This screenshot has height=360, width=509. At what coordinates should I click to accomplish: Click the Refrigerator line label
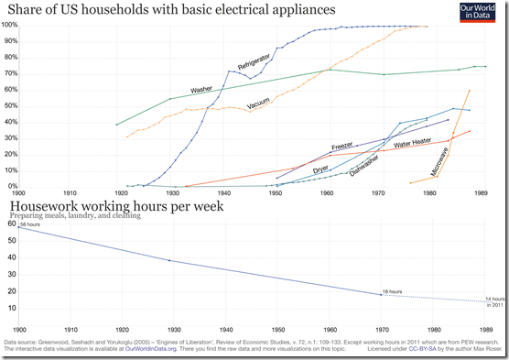[254, 56]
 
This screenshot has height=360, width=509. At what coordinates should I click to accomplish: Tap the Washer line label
[201, 90]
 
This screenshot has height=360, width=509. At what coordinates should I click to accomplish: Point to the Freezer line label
[342, 147]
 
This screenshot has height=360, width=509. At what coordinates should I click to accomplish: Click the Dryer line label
[321, 169]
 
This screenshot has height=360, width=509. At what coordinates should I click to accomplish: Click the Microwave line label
[444, 159]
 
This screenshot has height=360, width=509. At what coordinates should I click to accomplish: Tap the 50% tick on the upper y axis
[10, 105]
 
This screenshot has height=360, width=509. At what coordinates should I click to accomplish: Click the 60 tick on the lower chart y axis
[12, 224]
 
